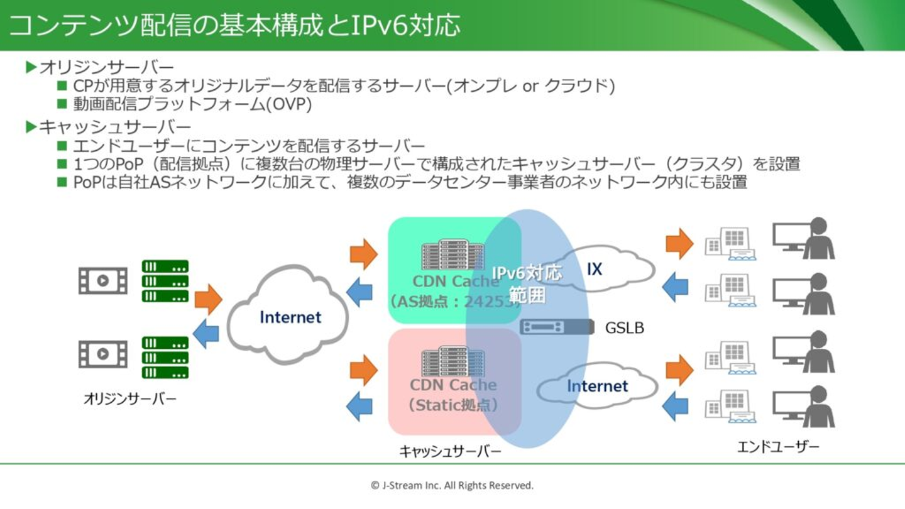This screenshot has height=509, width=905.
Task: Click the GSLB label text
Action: tap(624, 327)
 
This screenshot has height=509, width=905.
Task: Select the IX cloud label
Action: tap(594, 270)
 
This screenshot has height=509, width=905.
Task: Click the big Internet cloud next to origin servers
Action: tap(290, 317)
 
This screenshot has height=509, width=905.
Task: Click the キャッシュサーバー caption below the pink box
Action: tap(450, 451)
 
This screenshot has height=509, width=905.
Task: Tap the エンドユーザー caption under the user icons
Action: tap(778, 447)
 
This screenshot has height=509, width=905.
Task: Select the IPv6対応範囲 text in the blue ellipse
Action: tap(527, 283)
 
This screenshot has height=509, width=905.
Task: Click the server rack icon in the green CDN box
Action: tap(452, 255)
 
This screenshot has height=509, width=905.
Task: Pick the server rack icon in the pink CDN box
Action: tap(452, 361)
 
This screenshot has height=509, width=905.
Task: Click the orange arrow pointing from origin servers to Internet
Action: tap(208, 300)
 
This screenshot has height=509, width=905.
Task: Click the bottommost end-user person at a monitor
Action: tap(804, 407)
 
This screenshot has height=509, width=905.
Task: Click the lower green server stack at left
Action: tap(165, 358)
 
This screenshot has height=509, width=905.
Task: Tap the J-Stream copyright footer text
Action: tap(452, 485)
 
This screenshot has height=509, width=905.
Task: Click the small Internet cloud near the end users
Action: tap(597, 386)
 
